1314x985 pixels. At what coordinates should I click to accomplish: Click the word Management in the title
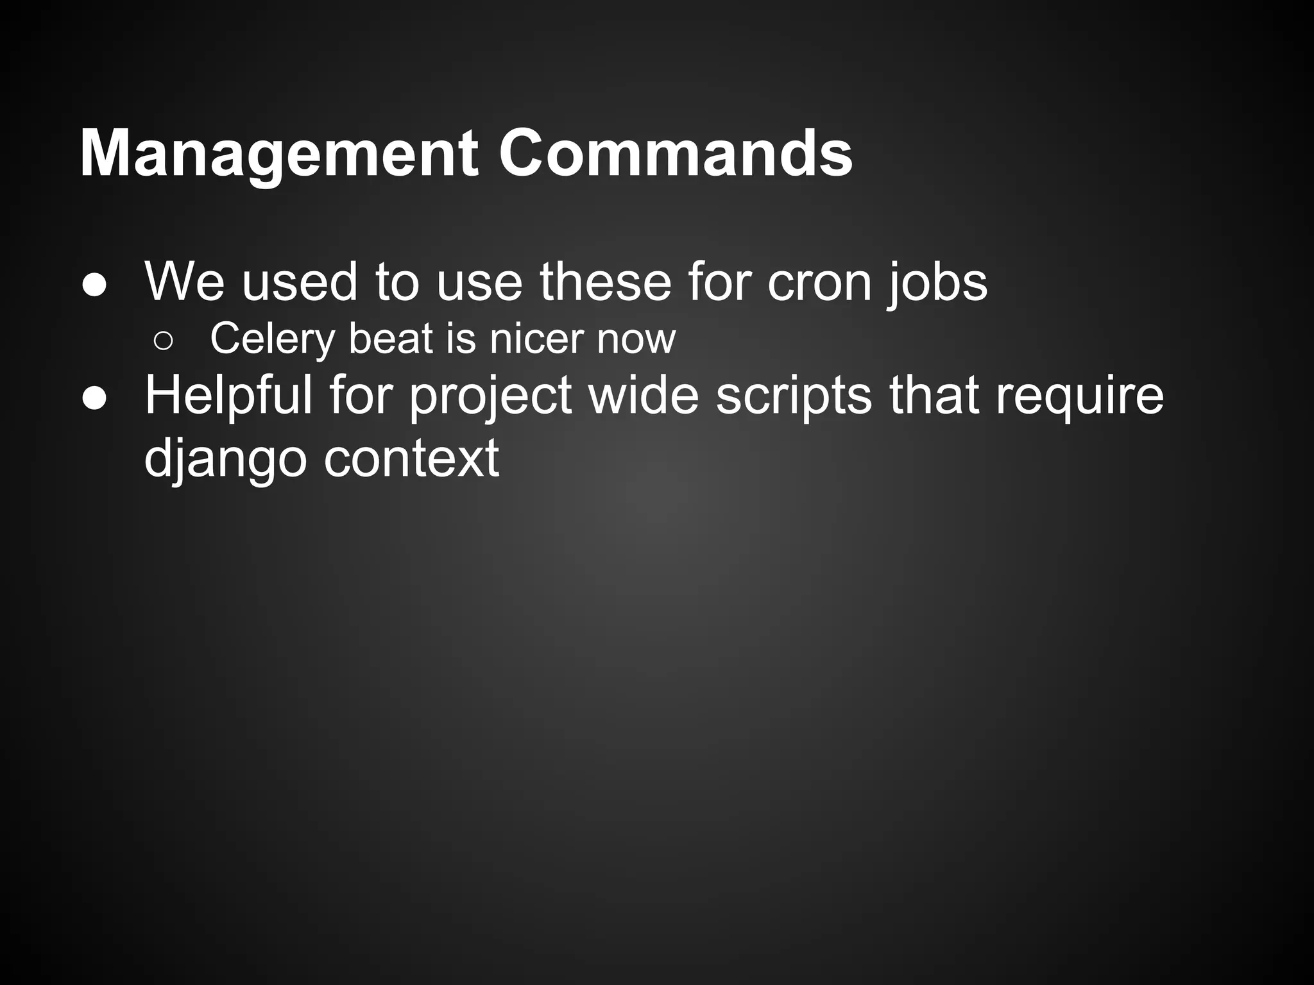pyautogui.click(x=279, y=155)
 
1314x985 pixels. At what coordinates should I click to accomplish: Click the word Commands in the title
pyautogui.click(x=676, y=155)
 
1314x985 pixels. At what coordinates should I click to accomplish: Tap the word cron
pyautogui.click(x=819, y=282)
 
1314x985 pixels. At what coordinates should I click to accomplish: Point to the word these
pyautogui.click(x=605, y=282)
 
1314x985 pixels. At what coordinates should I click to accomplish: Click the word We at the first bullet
pyautogui.click(x=185, y=282)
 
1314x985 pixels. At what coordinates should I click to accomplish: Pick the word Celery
pyautogui.click(x=272, y=339)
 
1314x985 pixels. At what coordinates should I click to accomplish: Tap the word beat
pyautogui.click(x=391, y=339)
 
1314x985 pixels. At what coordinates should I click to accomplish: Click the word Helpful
pyautogui.click(x=228, y=396)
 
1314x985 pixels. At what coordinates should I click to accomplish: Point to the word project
pyautogui.click(x=490, y=396)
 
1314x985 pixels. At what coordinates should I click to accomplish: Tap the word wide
pyautogui.click(x=644, y=396)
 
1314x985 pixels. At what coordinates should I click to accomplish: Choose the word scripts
pyautogui.click(x=794, y=396)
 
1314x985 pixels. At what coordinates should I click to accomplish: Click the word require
pyautogui.click(x=1079, y=396)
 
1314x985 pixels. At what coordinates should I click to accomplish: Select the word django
pyautogui.click(x=225, y=459)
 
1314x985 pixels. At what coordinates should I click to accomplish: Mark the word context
pyautogui.click(x=411, y=459)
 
